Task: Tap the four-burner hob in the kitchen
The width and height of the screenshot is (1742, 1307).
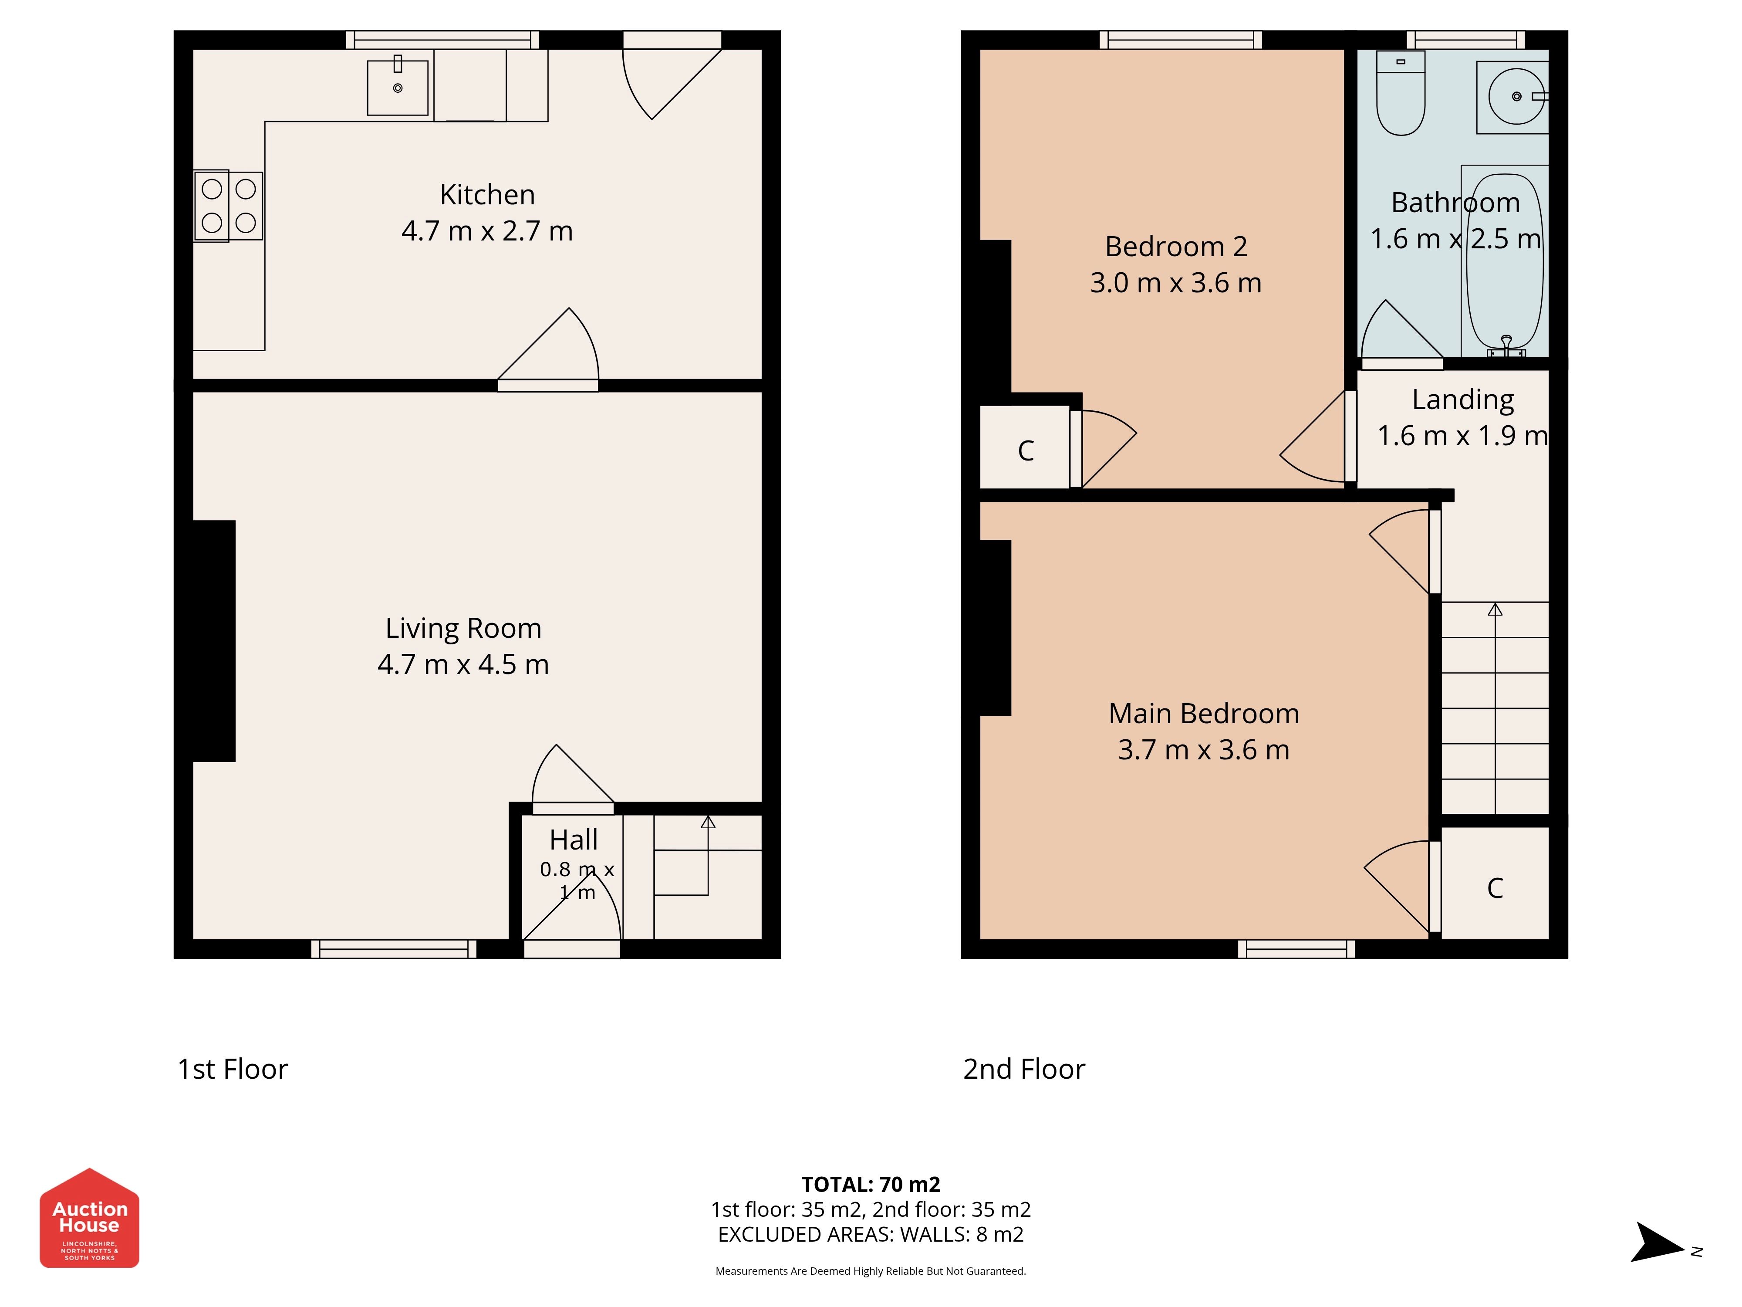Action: pyautogui.click(x=228, y=206)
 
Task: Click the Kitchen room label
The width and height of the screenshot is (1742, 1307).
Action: pyautogui.click(x=487, y=195)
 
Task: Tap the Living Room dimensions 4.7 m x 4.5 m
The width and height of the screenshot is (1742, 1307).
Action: pyautogui.click(x=463, y=664)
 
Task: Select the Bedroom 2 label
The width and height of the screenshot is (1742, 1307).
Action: pyautogui.click(x=1176, y=247)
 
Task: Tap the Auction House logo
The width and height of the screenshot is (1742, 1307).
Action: pyautogui.click(x=89, y=1218)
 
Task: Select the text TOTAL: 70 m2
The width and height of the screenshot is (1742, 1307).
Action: pyautogui.click(x=870, y=1184)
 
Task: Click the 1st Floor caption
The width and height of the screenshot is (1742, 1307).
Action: pyautogui.click(x=232, y=1069)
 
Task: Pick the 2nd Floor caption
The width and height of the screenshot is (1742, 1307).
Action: pyautogui.click(x=1024, y=1069)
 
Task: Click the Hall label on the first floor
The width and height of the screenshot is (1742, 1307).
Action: pyautogui.click(x=573, y=840)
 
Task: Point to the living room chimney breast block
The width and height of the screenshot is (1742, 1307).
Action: pyautogui.click(x=214, y=640)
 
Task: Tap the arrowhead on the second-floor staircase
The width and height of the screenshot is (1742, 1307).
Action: pyautogui.click(x=1495, y=609)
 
